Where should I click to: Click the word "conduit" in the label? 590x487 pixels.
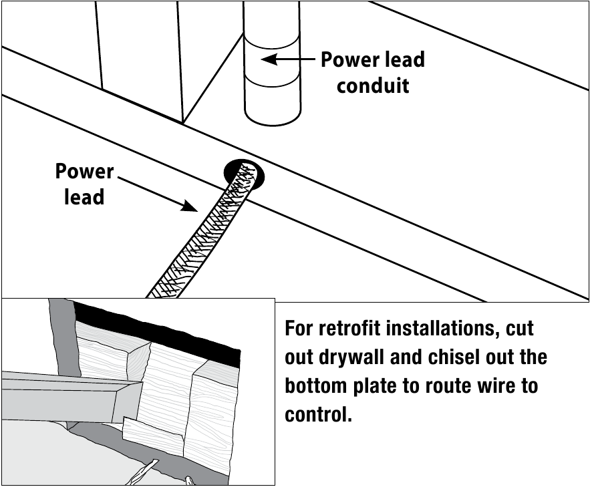click(373, 86)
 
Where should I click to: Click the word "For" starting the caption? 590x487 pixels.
click(299, 329)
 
